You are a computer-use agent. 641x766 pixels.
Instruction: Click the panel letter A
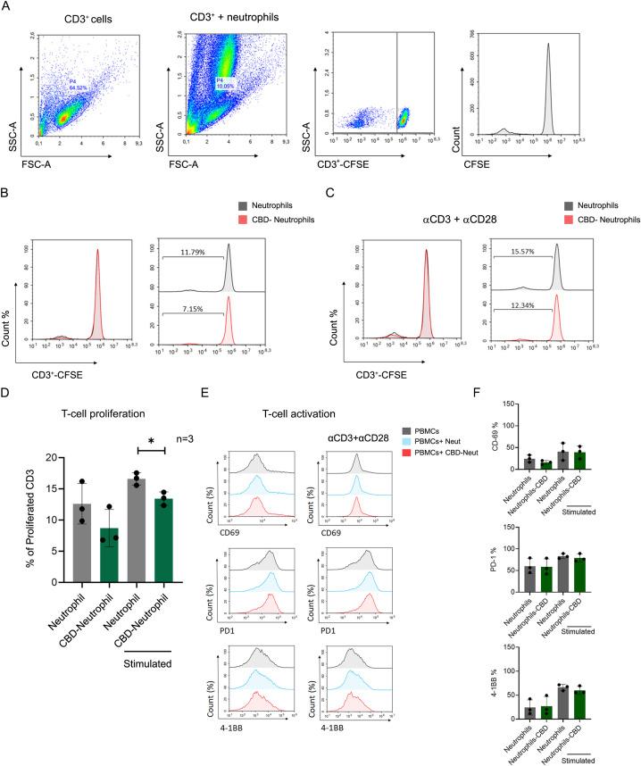click(8, 8)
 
